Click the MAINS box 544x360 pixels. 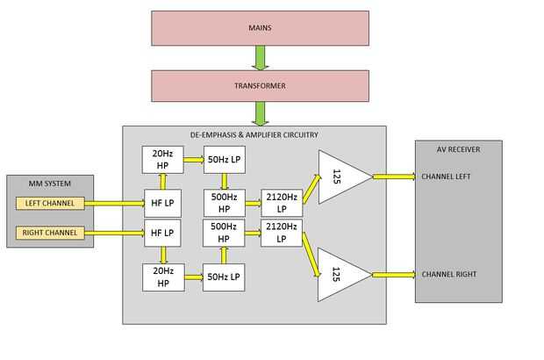coord(260,28)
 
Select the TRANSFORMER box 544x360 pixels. coord(260,86)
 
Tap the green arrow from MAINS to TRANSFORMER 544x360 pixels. coord(261,58)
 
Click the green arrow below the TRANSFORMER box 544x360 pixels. coord(261,113)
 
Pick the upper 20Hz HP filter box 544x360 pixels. coord(163,160)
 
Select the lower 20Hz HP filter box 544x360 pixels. coord(163,277)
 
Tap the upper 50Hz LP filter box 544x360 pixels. coord(224,160)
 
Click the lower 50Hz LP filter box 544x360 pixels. coord(224,277)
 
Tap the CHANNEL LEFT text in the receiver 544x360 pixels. coord(446,176)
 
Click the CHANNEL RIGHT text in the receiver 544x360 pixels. coord(448,274)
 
